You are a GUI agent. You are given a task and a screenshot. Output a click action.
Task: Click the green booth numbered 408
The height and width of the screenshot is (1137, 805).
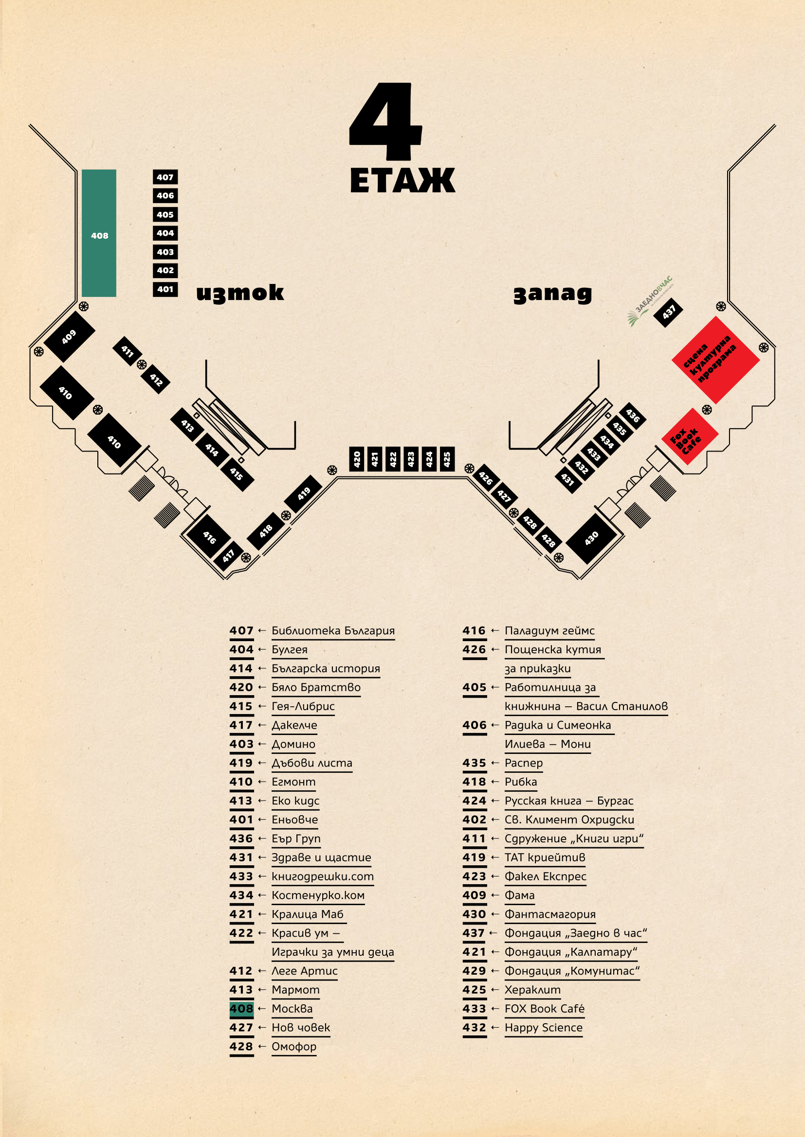[99, 233]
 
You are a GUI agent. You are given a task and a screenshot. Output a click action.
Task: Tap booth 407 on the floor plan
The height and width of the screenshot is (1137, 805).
[165, 177]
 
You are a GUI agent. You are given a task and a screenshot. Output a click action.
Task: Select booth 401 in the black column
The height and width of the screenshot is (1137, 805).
[165, 289]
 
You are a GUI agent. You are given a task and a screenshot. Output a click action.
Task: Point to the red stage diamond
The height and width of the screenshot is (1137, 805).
[715, 360]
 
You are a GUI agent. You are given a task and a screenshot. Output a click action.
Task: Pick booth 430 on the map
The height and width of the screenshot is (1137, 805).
[591, 538]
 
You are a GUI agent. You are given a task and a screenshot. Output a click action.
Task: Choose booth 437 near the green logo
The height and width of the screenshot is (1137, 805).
[669, 313]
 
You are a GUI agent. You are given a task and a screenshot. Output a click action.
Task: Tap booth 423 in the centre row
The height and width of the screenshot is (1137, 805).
[411, 459]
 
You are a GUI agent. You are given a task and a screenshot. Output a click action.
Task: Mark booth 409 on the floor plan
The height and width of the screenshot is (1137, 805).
[70, 337]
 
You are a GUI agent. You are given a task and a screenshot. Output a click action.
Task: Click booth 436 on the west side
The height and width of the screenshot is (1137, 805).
[633, 416]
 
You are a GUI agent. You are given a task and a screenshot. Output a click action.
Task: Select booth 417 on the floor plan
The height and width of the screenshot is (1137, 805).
[229, 556]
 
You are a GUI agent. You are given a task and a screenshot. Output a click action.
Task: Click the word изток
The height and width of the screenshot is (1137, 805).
[240, 293]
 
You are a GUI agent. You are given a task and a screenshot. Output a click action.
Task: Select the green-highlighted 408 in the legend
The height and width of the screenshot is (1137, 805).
[241, 1009]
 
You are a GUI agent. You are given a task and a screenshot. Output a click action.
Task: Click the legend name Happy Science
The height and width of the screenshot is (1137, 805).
[543, 1028]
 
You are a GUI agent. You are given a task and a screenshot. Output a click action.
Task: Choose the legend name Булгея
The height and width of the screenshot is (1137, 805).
[290, 650]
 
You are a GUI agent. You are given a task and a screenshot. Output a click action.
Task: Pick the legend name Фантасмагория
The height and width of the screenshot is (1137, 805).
[549, 914]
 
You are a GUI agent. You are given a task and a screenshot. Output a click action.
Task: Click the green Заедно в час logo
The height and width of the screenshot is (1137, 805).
[649, 301]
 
